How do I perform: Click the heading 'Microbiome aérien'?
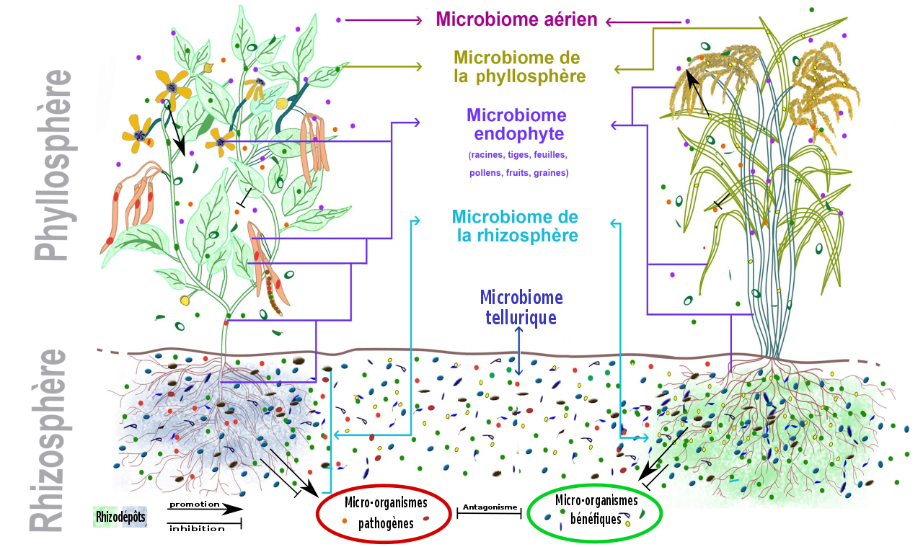pyautogui.click(x=516, y=19)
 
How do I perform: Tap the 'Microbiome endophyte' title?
pyautogui.click(x=516, y=125)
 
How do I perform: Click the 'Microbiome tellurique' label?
pyautogui.click(x=521, y=307)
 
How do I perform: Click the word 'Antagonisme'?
pyautogui.click(x=490, y=507)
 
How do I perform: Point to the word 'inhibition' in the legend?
pyautogui.click(x=197, y=529)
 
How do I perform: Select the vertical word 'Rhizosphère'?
pyautogui.click(x=50, y=440)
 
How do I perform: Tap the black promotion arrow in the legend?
pyautogui.click(x=206, y=510)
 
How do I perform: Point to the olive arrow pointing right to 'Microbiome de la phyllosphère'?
pyautogui.click(x=382, y=67)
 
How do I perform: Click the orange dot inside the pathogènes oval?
pyautogui.click(x=345, y=520)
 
